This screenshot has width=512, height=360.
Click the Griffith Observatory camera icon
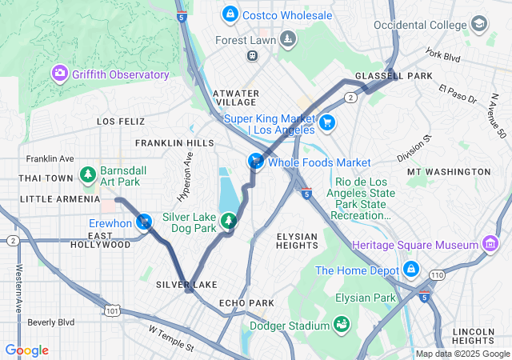coord(60,74)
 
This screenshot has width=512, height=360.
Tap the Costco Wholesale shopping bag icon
coord(230,14)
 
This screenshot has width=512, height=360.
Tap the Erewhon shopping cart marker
coord(144,222)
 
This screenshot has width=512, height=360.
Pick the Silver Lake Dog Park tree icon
coord(230,222)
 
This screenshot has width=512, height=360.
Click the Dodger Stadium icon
coord(342,325)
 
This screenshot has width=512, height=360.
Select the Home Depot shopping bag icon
coord(411,270)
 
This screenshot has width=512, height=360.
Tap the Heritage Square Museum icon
coord(488,244)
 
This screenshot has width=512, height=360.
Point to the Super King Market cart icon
coord(327,122)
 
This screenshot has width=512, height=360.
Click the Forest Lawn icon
coord(286,39)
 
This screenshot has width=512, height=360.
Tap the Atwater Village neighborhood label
coord(235,98)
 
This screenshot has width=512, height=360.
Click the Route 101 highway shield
coord(113,310)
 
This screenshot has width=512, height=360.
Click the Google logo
coord(26,350)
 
